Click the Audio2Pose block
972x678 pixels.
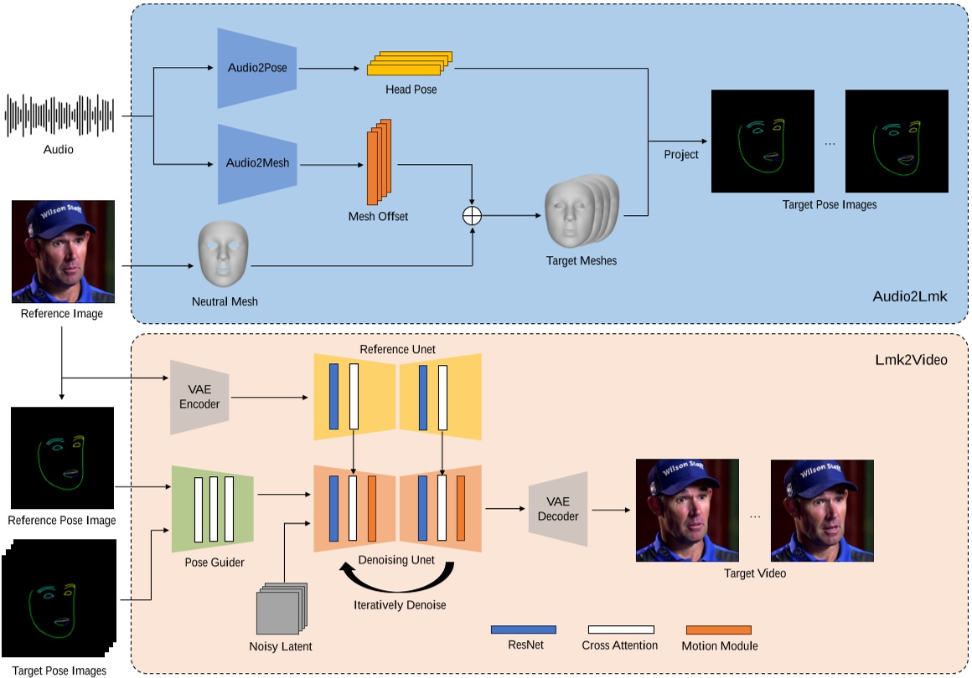click(257, 68)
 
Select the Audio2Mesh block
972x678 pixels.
click(257, 163)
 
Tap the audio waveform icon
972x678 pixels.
click(59, 116)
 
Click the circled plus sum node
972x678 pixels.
click(473, 215)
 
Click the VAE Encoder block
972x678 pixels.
click(199, 398)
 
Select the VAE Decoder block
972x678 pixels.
click(557, 509)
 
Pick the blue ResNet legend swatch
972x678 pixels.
click(523, 629)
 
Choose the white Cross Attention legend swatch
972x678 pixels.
click(620, 629)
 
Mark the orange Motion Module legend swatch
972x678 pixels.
click(718, 629)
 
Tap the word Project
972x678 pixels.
click(680, 155)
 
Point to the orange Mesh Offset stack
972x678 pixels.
click(379, 163)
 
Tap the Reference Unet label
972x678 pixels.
click(397, 349)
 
